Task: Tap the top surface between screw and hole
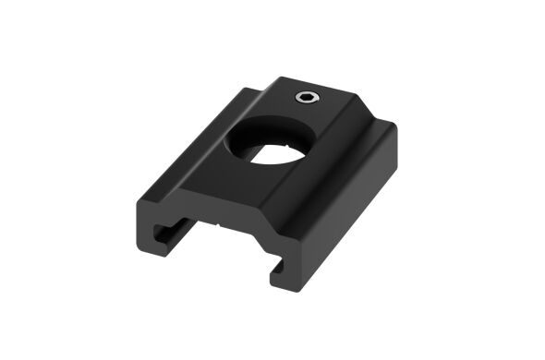[x=294, y=115]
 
